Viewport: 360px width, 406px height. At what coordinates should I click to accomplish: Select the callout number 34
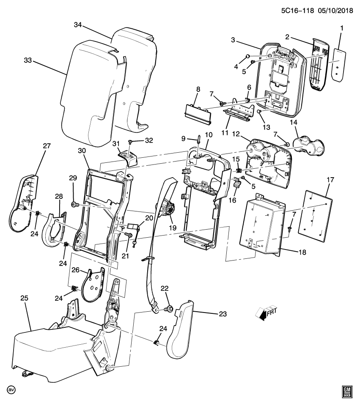[x=77, y=25]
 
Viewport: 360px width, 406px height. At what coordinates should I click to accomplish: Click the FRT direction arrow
[x=266, y=313]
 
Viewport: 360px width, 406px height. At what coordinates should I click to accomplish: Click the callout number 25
[x=24, y=298]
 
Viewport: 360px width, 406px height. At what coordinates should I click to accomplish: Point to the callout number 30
[x=82, y=151]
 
